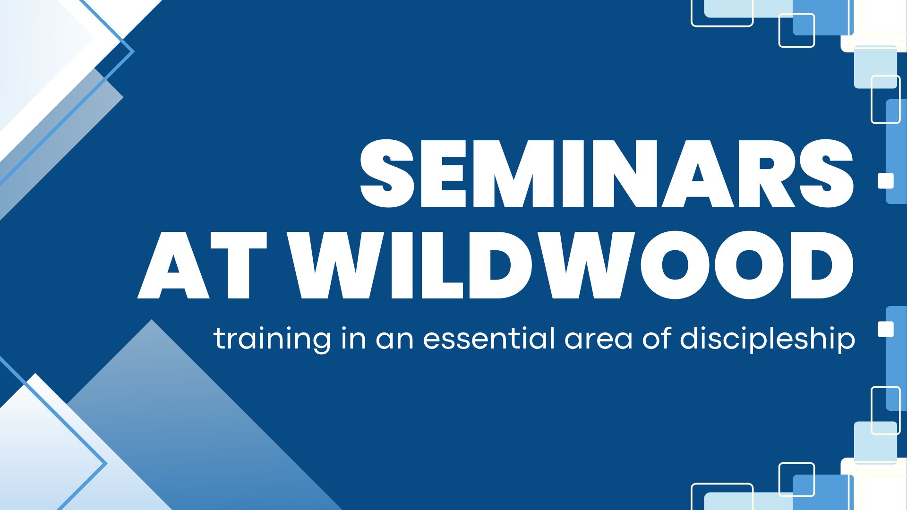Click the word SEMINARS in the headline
click(607, 173)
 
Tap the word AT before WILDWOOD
click(202, 265)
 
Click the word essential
click(489, 338)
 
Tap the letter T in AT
click(240, 265)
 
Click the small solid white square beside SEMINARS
click(886, 181)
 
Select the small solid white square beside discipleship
click(886, 329)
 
